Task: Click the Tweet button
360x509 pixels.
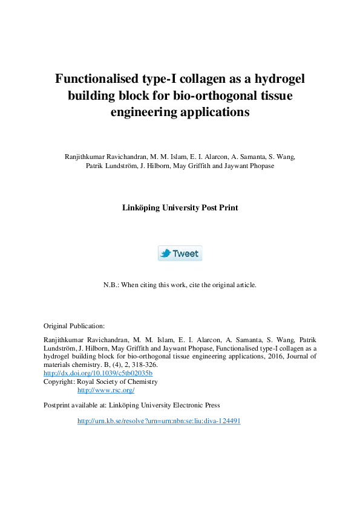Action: click(180, 253)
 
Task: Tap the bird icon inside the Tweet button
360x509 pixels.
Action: click(166, 253)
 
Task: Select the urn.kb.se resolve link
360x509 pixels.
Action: click(159, 421)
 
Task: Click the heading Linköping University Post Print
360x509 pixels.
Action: click(180, 207)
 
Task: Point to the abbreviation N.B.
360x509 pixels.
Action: click(111, 285)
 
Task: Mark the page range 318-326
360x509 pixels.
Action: click(143, 365)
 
